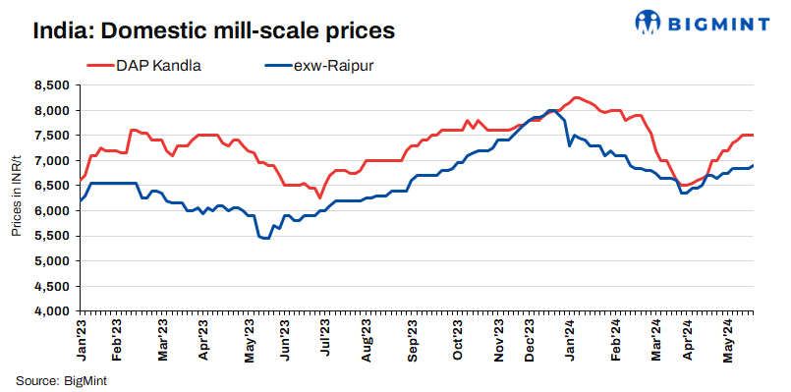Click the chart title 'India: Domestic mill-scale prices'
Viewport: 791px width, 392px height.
pos(213,30)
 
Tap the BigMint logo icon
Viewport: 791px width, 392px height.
pos(649,22)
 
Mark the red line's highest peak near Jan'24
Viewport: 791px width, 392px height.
pos(576,97)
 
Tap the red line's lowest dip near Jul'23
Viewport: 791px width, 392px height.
pos(319,197)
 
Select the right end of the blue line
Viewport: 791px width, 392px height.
pos(753,165)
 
